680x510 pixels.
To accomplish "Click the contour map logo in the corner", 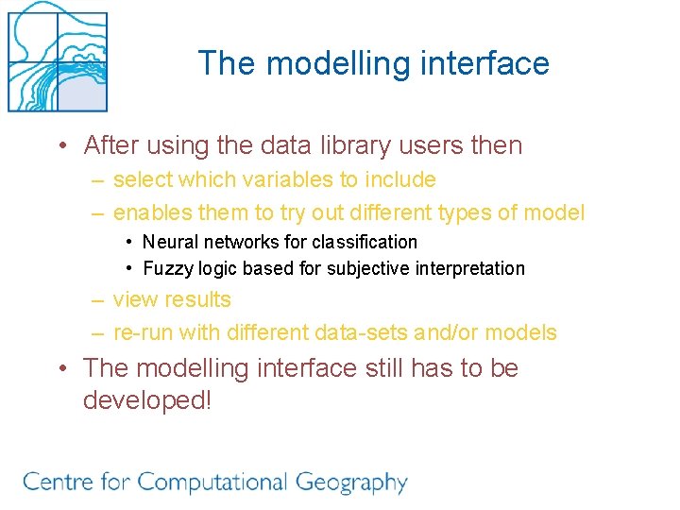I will pos(57,57).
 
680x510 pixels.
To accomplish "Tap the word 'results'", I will pos(199,299).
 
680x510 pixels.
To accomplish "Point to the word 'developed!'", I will pos(147,400).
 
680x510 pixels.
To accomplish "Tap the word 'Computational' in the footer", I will pos(210,483).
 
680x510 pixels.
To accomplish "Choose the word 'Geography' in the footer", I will pos(351,483).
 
